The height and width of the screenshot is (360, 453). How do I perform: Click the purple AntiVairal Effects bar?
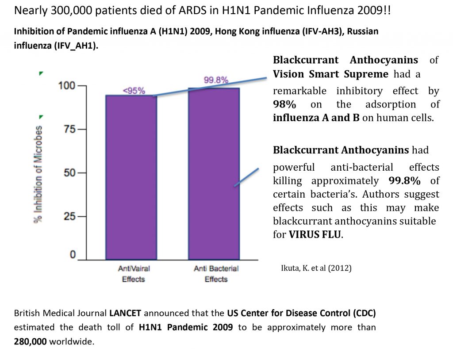click(131, 177)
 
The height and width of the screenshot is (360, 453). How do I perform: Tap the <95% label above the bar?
click(133, 91)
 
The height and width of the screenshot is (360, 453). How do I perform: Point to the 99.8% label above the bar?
click(216, 80)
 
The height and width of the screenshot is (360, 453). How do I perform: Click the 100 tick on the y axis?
click(67, 85)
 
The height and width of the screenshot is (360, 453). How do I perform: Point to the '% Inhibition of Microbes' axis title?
click(39, 175)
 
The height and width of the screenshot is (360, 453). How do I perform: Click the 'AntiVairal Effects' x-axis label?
click(131, 274)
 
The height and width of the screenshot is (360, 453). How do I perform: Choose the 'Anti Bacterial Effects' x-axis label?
click(216, 274)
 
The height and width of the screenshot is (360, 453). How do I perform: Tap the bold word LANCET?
click(126, 314)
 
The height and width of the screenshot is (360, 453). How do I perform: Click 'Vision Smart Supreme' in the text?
click(330, 74)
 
